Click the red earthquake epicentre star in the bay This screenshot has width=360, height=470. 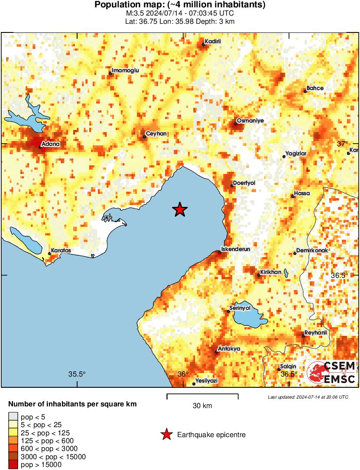[x=180, y=210]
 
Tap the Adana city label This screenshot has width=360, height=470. [x=51, y=144]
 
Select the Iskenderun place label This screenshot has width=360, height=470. [x=236, y=249]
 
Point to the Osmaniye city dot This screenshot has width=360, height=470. [x=236, y=124]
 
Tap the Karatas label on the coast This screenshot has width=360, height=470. [x=61, y=251]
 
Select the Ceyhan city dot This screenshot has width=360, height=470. [x=144, y=137]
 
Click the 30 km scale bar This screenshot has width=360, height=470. [x=202, y=395]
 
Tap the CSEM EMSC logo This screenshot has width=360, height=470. [x=331, y=372]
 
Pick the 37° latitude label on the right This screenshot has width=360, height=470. [x=342, y=144]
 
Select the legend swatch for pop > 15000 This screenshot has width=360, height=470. [x=13, y=465]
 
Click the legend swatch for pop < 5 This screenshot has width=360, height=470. [x=13, y=417]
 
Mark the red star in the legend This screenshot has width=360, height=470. [x=166, y=435]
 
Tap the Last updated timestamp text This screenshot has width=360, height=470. [x=308, y=397]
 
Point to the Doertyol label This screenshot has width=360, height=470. [x=244, y=183]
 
